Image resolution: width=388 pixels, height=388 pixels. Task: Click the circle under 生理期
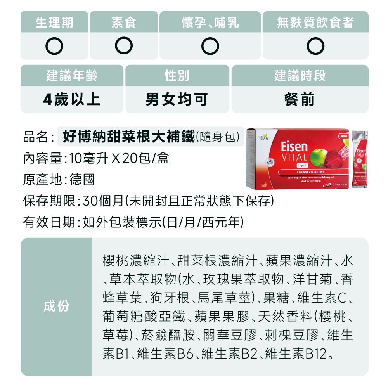pos(54,46)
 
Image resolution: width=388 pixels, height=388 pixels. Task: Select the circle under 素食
pos(124,46)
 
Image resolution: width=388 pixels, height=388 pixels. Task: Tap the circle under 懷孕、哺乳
pos(210,46)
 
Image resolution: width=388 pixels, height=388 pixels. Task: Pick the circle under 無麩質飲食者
pos(315,46)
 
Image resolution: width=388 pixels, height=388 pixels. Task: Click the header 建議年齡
pos(72,76)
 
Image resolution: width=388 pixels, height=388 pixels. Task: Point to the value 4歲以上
pos(72,100)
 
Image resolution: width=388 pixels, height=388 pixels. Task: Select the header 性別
pos(177,76)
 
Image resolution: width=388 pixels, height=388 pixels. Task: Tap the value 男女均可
pos(177,100)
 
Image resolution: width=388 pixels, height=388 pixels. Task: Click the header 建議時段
pos(300,76)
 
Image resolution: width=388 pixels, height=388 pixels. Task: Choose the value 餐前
pos(300,100)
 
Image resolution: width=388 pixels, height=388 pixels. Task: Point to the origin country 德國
pos(82,179)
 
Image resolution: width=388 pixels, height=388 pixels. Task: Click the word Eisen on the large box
pos(294,147)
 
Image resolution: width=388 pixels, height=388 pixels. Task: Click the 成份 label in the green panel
pos(56,306)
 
